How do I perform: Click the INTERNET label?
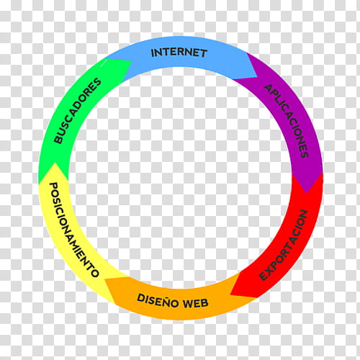pos(179,53)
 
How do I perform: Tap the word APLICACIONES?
pos(287,121)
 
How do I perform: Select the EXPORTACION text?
pos(284,246)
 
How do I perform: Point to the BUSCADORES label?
pos(77,110)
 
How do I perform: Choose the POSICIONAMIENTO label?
pos(73,230)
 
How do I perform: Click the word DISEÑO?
pos(158,301)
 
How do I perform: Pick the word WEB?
pos(196,303)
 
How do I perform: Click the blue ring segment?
pos(182,52)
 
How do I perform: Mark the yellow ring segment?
pos(70,230)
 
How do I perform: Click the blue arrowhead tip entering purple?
pos(257,77)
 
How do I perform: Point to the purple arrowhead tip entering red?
pos(306,193)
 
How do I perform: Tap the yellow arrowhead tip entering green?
pos(55,163)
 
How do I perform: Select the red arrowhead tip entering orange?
pos(230,294)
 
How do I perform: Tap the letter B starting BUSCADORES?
pos(58,140)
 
